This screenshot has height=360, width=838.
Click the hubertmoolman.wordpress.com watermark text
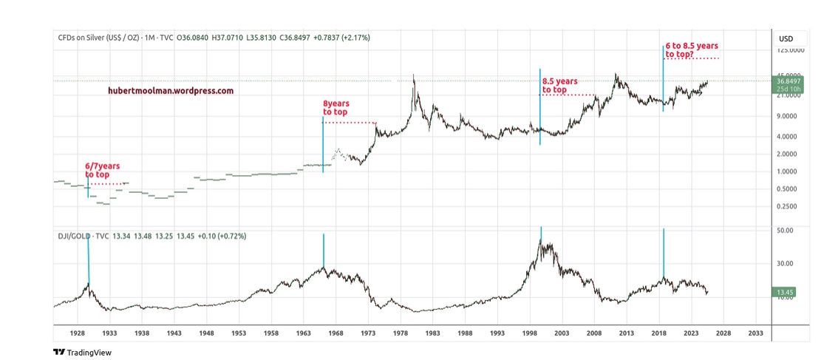click(x=170, y=91)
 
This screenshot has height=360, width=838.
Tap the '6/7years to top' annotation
click(x=101, y=171)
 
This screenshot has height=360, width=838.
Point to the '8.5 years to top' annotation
click(x=559, y=86)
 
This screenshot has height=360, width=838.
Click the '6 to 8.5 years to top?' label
click(x=691, y=50)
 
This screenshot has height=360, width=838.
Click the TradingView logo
click(x=82, y=352)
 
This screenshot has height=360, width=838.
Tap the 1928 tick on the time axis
click(x=78, y=333)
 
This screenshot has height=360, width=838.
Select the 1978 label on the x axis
click(x=401, y=333)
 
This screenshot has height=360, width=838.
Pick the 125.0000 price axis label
click(x=791, y=50)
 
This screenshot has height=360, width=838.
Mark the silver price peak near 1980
click(x=413, y=75)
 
